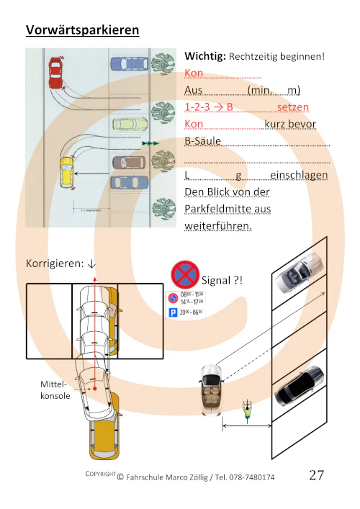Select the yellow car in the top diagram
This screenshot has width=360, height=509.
(x=66, y=173)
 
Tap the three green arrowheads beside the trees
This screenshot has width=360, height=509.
(x=150, y=144)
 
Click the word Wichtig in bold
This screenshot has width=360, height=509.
(x=204, y=55)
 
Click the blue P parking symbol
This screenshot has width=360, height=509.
(x=172, y=313)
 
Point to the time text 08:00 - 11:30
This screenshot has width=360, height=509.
(x=191, y=295)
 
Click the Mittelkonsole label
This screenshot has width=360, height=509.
(x=55, y=391)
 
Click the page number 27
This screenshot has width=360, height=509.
(x=317, y=475)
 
